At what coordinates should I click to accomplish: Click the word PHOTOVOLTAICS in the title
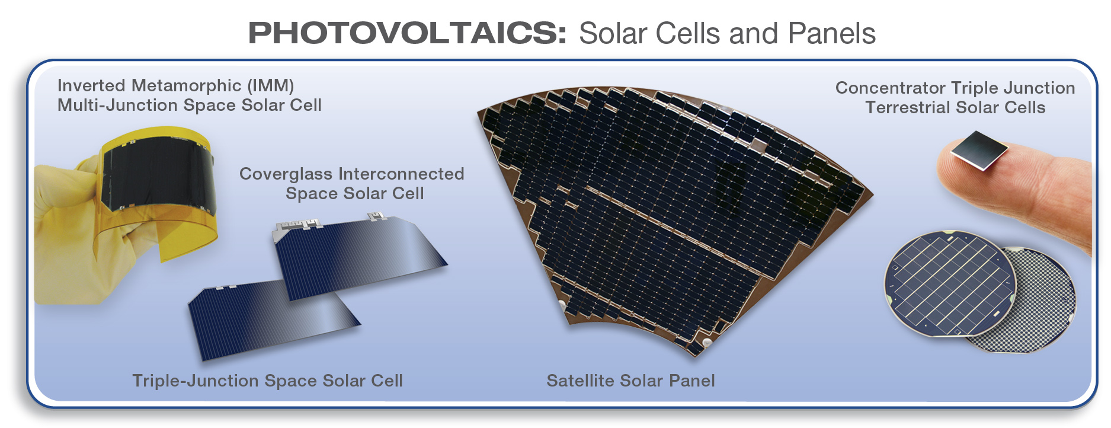tap(408, 33)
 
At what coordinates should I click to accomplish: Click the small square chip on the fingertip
tap(979, 151)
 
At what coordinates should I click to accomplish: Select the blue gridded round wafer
tap(949, 283)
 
